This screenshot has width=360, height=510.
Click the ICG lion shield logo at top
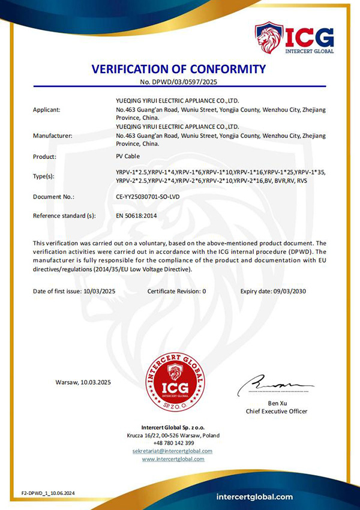(x=269, y=37)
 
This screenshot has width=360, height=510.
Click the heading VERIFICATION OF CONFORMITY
(x=178, y=68)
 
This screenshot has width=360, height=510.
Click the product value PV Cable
(x=128, y=157)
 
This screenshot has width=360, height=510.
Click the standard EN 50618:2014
(x=136, y=214)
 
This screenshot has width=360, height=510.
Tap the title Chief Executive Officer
(x=277, y=412)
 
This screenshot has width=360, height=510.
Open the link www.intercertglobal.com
(x=173, y=459)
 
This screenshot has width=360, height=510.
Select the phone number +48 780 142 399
(x=173, y=443)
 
